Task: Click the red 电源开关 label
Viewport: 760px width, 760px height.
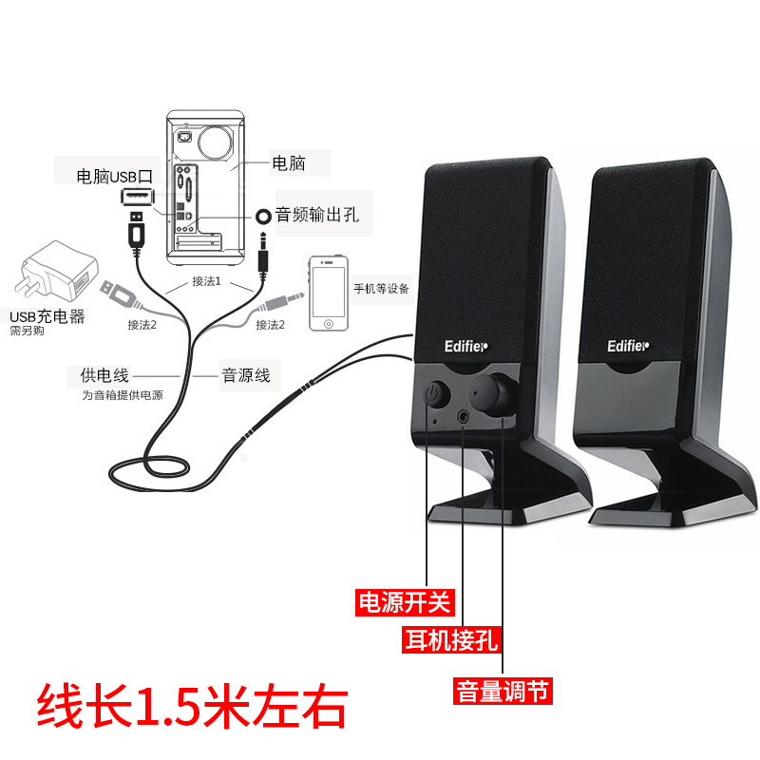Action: tap(405, 601)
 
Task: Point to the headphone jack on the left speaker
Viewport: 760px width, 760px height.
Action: tap(464, 414)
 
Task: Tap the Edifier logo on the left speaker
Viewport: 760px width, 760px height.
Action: tap(466, 346)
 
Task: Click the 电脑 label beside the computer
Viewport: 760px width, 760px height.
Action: tap(289, 163)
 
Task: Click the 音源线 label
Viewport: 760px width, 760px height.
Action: tap(245, 375)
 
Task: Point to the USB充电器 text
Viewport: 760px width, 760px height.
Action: tap(47, 316)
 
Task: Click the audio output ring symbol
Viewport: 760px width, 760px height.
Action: tap(263, 217)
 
